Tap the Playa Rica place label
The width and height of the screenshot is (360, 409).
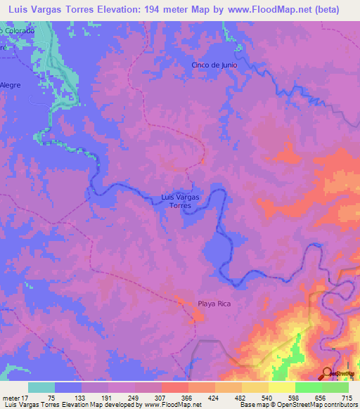point(214,304)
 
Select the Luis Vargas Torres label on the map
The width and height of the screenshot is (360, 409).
point(181,201)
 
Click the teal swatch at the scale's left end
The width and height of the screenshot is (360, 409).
point(41,387)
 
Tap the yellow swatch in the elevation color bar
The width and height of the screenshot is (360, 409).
point(281,387)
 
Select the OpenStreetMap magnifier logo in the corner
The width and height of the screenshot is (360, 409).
point(328,373)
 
